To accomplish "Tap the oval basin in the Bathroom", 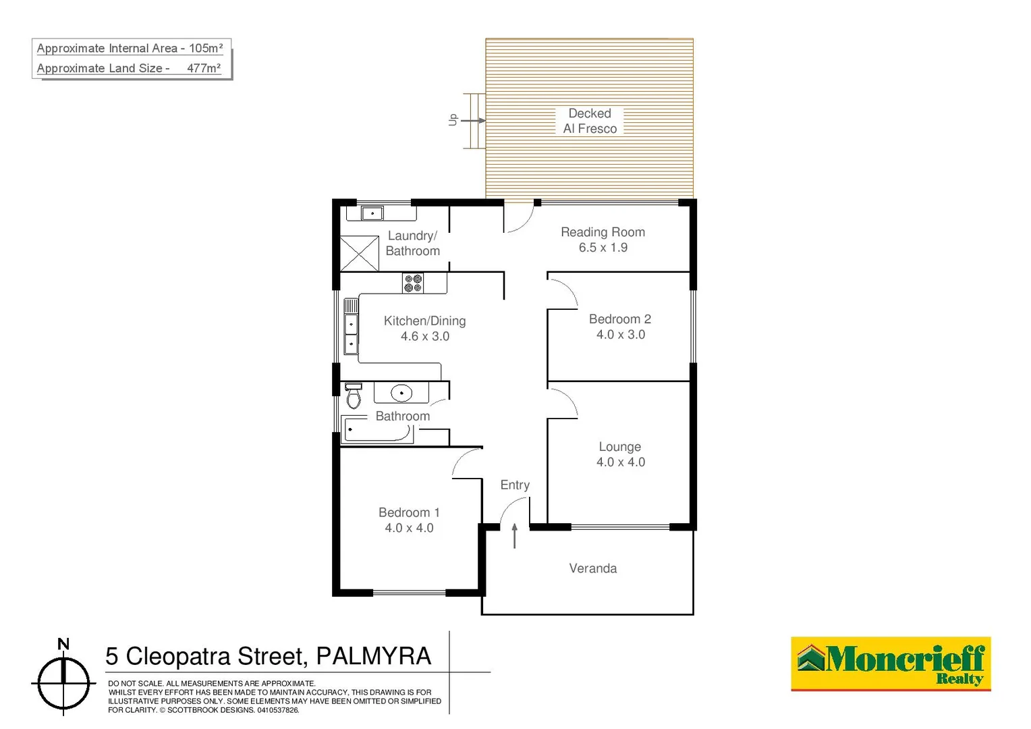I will (401, 392).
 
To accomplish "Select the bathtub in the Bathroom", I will (377, 430).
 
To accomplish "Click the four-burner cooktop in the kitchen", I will (413, 283).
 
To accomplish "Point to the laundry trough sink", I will (372, 213).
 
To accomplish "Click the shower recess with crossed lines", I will (359, 253).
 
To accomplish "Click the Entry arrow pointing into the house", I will (515, 535).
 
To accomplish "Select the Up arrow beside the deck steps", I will (472, 121).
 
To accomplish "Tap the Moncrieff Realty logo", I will (891, 664).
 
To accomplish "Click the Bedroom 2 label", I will (620, 319).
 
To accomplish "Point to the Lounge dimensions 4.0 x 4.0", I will (621, 462).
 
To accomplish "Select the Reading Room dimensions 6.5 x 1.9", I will (603, 248).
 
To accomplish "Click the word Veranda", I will (593, 568).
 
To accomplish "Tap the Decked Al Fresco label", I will (590, 121).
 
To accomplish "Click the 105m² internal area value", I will (206, 49).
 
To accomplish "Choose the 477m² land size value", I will (204, 68).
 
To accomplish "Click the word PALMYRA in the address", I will (373, 656).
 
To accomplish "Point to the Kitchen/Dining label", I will (424, 321).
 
